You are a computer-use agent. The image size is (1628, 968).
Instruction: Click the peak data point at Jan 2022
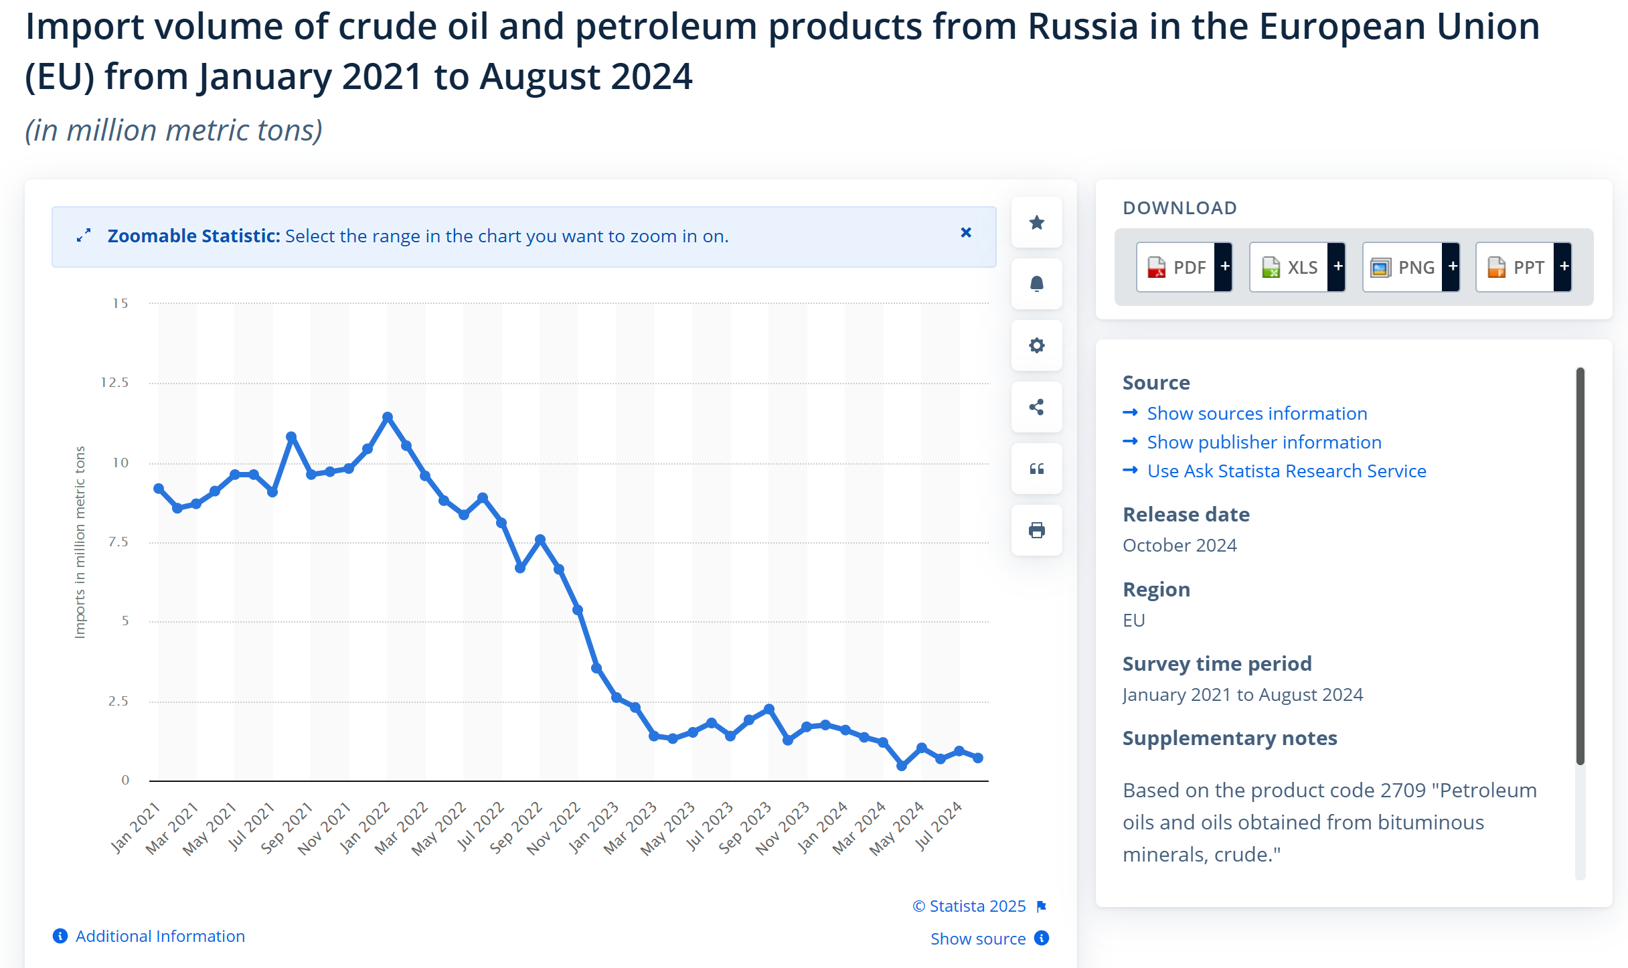[388, 417]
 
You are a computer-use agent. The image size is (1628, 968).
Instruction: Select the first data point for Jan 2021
[159, 489]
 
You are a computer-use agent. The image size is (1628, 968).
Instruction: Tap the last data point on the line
[978, 758]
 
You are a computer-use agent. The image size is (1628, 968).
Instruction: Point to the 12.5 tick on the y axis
[114, 383]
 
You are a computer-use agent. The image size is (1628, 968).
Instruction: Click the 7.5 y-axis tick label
[118, 542]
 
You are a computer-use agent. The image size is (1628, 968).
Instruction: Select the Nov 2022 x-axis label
[554, 829]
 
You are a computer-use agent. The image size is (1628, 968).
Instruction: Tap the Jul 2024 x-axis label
[939, 826]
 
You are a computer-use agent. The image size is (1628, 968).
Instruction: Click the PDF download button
[1177, 267]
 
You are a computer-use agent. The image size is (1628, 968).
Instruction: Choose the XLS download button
[1290, 267]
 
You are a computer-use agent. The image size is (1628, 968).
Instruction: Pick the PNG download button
[1404, 267]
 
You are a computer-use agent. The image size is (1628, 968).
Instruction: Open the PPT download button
[1517, 267]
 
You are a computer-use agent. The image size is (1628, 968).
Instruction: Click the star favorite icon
[1037, 223]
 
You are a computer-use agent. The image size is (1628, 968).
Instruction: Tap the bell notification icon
[1037, 285]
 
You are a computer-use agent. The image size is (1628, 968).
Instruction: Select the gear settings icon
[1037, 346]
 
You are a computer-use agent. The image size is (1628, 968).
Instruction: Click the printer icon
[1037, 531]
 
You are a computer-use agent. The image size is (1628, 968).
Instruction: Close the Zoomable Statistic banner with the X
[966, 232]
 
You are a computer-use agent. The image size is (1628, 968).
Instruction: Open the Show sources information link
[1256, 414]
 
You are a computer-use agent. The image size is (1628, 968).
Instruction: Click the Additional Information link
[160, 936]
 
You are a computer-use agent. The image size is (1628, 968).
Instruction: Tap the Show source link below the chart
[978, 939]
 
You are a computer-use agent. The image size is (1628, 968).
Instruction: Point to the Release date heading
[1186, 514]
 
